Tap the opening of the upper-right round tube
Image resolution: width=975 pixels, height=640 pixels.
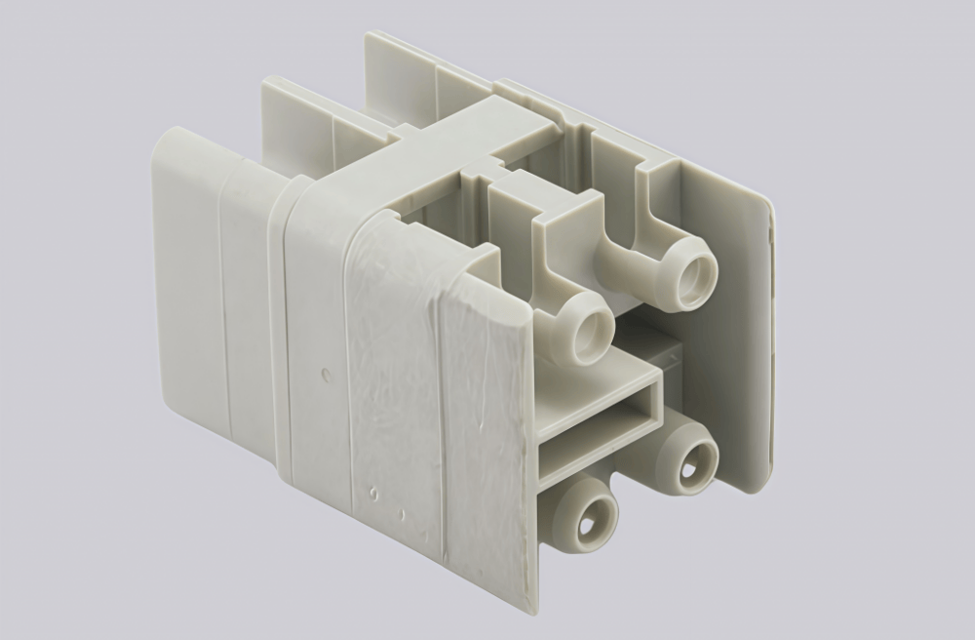(x=696, y=275)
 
